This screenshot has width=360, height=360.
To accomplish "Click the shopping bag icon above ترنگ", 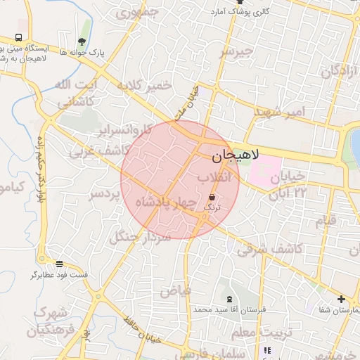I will tap(212, 198).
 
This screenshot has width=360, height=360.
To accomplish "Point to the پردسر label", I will tap(106, 193).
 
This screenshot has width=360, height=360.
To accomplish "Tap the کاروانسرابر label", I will tap(127, 130).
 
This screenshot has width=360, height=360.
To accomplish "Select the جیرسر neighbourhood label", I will tap(235, 53).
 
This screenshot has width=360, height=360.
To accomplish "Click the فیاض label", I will tap(175, 290).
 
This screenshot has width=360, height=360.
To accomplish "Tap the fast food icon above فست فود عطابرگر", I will tap(59, 264).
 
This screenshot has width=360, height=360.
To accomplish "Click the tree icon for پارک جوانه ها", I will tap(82, 41).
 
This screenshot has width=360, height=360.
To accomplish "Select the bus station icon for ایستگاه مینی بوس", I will tap(18, 38).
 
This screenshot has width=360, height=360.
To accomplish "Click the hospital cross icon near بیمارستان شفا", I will tap(341, 299).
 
